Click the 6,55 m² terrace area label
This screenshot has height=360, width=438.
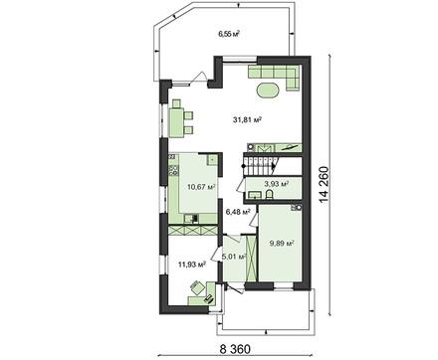pyautogui.click(x=229, y=34)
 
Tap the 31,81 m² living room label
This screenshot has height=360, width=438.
pyautogui.click(x=247, y=119)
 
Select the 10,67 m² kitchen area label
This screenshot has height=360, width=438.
pyautogui.click(x=201, y=187)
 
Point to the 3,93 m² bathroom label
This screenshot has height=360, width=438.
pyautogui.click(x=276, y=183)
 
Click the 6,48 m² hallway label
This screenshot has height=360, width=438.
pyautogui.click(x=238, y=212)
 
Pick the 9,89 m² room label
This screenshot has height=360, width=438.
pyautogui.click(x=282, y=244)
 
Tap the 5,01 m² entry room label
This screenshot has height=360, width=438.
pyautogui.click(x=234, y=257)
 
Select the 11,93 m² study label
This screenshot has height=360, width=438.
pyautogui.click(x=192, y=265)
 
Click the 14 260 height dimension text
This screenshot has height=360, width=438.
pyautogui.click(x=324, y=184)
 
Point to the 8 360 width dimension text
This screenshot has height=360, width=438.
pyautogui.click(x=235, y=349)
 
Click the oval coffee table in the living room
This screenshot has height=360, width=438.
pyautogui.click(x=268, y=90)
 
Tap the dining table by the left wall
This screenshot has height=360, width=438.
pyautogui.click(x=177, y=122)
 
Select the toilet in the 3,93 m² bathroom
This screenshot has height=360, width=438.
pyautogui.click(x=269, y=195)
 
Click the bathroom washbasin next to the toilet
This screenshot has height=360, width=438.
pyautogui.click(x=254, y=195)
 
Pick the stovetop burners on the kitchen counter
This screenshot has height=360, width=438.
pyautogui.click(x=173, y=170)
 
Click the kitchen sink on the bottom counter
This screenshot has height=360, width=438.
pyautogui.click(x=192, y=218)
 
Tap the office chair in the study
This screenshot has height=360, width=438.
pyautogui.click(x=197, y=286)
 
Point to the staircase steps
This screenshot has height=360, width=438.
pyautogui.click(x=259, y=166)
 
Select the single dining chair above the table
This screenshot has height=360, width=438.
pyautogui.click(x=176, y=103)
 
